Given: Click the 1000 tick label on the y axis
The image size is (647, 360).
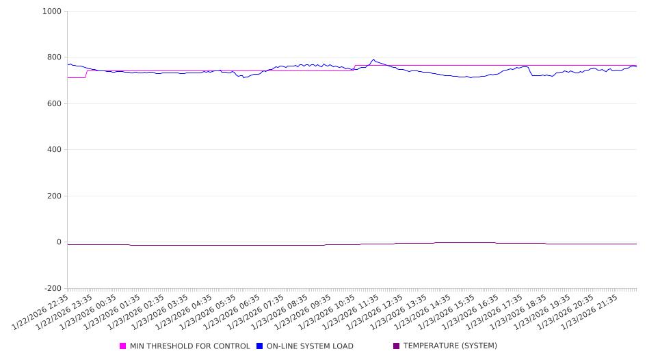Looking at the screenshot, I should tap(52, 12).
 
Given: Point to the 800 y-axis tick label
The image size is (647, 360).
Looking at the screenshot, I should tap(54, 57).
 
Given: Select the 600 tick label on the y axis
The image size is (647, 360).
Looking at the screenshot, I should tap(54, 104).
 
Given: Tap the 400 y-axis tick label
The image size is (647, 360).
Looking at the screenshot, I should tap(54, 150).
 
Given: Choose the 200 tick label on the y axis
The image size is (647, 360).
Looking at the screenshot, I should tap(54, 196).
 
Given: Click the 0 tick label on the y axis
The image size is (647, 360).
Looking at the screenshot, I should tap(59, 242).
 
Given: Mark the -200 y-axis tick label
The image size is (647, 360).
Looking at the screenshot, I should tap(52, 289).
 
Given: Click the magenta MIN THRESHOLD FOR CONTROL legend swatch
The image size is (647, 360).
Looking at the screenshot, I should tap(123, 346).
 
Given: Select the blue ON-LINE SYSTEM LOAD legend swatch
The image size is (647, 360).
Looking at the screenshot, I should tap(259, 346).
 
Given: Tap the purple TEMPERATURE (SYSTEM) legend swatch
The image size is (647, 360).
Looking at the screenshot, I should tap(396, 346).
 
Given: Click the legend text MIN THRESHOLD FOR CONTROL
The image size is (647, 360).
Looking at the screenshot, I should tap(189, 346).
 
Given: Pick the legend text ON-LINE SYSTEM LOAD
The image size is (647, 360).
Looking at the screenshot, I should tap(309, 346).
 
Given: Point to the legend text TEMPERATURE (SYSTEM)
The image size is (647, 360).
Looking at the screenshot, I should tap(450, 346).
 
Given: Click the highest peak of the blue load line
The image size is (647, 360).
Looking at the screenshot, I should tap(373, 59).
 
